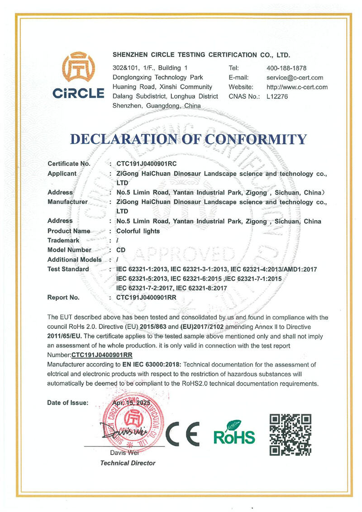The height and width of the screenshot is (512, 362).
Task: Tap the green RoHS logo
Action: [x=234, y=432]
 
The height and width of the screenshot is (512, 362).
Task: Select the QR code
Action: [x=290, y=434]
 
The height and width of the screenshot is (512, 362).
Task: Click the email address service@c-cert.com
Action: [x=295, y=78]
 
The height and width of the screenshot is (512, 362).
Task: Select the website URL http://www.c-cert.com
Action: [x=297, y=87]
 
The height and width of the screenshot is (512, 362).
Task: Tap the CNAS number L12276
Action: [x=277, y=96]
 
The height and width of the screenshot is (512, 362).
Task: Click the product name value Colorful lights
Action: [x=138, y=231]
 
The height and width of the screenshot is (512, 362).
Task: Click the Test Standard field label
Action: [x=68, y=269]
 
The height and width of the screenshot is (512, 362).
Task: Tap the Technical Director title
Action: [x=128, y=463]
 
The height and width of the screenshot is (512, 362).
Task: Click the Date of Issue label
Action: [x=68, y=403]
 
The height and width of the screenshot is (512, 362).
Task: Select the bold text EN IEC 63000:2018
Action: [x=152, y=364]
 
